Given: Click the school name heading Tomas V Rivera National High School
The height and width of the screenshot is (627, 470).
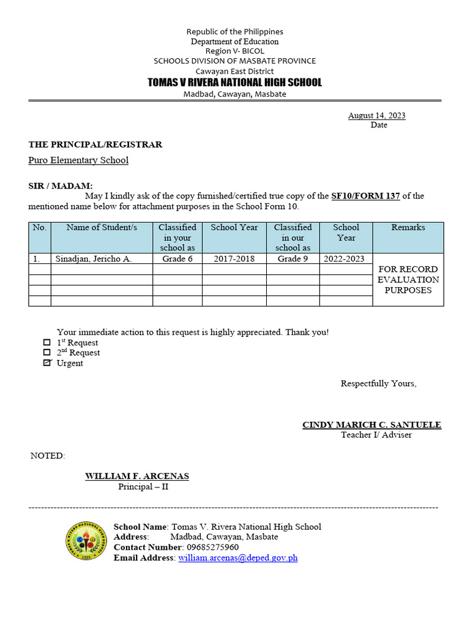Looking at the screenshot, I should [234, 83].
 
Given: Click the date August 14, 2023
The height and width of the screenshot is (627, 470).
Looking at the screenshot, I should [376, 115].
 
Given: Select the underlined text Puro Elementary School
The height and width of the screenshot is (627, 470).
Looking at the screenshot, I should [78, 160].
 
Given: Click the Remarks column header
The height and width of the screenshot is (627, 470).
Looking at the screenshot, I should [408, 228].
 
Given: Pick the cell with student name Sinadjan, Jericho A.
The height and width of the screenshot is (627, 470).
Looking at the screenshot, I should [94, 259].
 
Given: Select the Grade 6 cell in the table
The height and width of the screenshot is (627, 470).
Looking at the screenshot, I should [177, 259].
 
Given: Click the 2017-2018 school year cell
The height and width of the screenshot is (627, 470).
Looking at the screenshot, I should [234, 259].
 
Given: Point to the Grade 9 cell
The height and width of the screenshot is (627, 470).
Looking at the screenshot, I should [293, 259].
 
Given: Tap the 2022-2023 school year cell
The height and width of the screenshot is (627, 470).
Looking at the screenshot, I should [345, 259].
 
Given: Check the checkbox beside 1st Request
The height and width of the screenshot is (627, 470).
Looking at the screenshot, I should [47, 342].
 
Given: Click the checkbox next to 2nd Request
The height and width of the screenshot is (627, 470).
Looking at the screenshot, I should [47, 353].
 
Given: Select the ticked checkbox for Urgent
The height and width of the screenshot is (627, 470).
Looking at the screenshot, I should [47, 363].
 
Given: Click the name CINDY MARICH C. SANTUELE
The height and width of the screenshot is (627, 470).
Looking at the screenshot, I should [371, 425].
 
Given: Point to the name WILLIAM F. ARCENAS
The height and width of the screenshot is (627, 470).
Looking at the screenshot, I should [137, 476].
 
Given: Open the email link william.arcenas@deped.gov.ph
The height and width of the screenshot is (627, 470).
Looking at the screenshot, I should [237, 558].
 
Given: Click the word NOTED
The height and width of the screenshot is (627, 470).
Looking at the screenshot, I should [47, 456].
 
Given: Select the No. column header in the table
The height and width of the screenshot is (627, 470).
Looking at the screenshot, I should [40, 228].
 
